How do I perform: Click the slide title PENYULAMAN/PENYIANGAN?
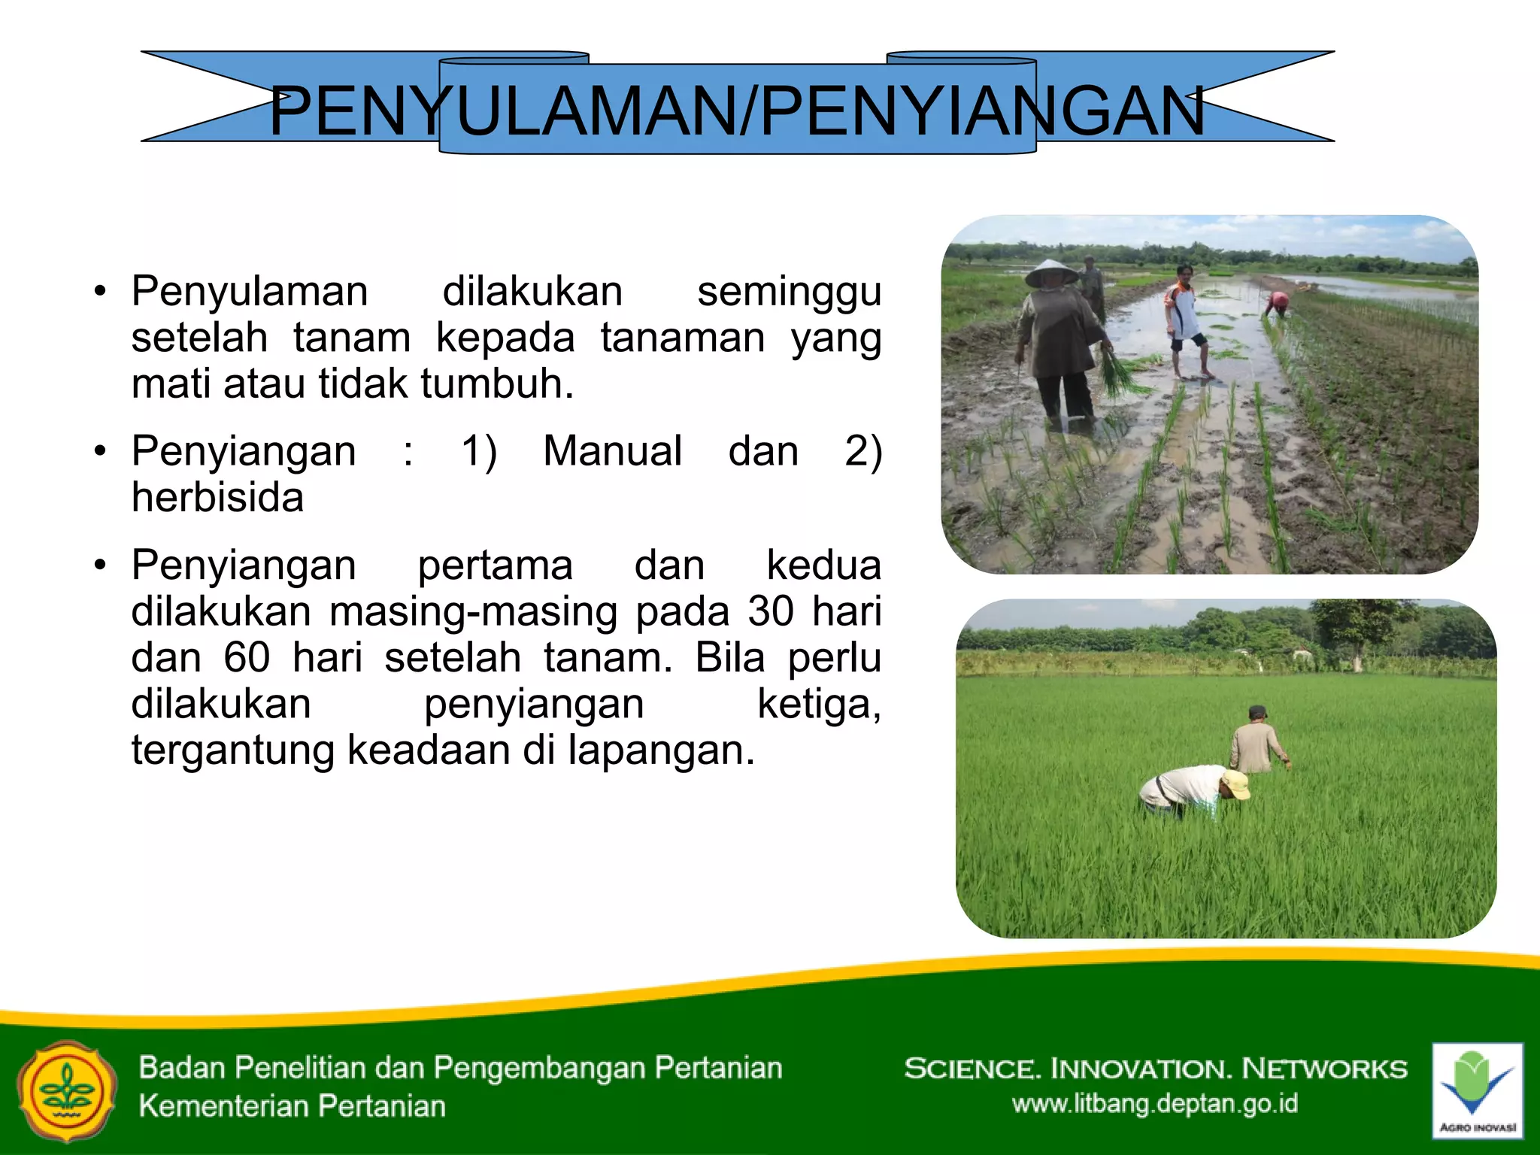(x=737, y=111)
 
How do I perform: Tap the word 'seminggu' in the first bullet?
(x=789, y=293)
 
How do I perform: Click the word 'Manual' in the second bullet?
(x=612, y=451)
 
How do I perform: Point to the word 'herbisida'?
(x=217, y=498)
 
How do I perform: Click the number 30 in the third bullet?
(x=770, y=611)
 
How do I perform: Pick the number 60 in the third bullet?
(x=247, y=658)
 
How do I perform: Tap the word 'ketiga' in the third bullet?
(x=818, y=705)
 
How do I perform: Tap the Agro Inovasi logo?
(x=1477, y=1090)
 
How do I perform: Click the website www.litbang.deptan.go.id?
(x=1154, y=1104)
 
